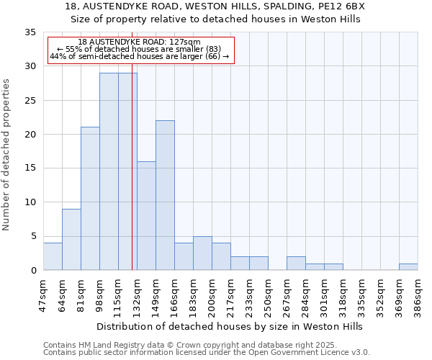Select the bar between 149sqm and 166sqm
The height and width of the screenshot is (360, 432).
[165, 195]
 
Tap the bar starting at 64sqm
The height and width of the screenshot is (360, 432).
[71, 239]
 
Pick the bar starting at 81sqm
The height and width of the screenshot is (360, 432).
[90, 198]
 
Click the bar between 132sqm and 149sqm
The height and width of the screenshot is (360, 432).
[146, 215]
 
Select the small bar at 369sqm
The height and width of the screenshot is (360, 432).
[408, 266]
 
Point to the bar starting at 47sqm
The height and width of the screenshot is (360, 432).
[53, 256]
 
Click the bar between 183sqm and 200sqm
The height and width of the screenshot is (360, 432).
[202, 253]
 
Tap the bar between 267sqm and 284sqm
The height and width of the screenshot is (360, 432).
[296, 263]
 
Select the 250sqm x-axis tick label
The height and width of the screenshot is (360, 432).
[268, 293]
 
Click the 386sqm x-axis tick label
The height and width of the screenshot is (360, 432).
[418, 293]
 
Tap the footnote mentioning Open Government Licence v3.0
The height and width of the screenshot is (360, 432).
[207, 352]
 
